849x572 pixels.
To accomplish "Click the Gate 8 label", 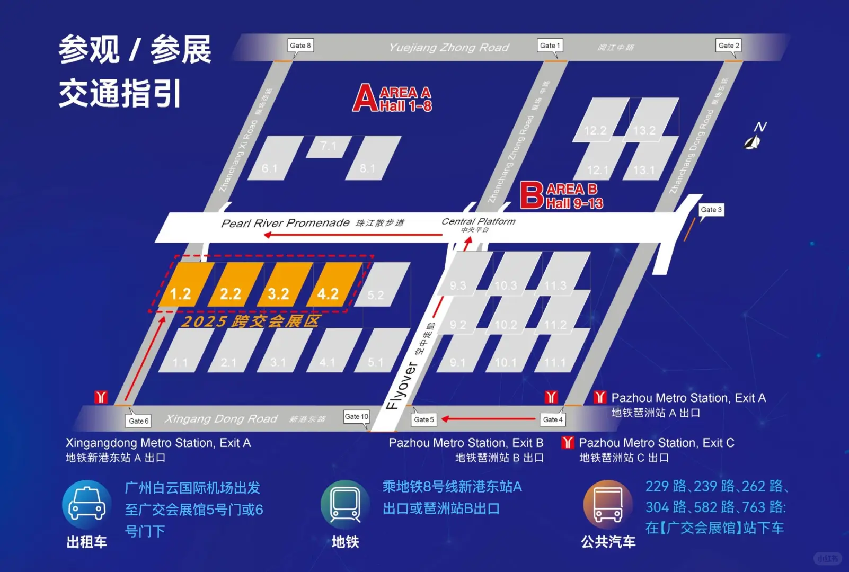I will pyautogui.click(x=300, y=46).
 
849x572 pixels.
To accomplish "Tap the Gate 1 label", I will pyautogui.click(x=550, y=46).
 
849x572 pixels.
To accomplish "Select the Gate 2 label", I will pyautogui.click(x=728, y=46).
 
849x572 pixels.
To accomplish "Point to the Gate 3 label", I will pyautogui.click(x=711, y=210).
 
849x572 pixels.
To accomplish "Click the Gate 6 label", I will pyautogui.click(x=139, y=421).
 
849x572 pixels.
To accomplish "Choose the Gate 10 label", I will pyautogui.click(x=356, y=417).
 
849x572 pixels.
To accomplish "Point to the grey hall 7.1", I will pyautogui.click(x=329, y=146).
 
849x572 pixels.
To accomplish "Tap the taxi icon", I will pyautogui.click(x=87, y=505).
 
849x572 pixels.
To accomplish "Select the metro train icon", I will pyautogui.click(x=345, y=505).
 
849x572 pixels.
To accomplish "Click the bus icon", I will pyautogui.click(x=608, y=505).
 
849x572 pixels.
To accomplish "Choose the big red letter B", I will pyautogui.click(x=532, y=195).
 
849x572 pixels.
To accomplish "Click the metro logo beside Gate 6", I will pyautogui.click(x=101, y=397).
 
